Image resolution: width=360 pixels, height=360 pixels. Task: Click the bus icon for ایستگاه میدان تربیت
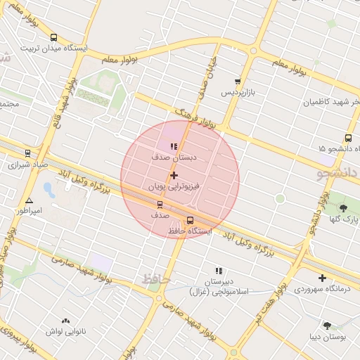pos(54,37)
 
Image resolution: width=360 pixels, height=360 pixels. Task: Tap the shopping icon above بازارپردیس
pos(238,82)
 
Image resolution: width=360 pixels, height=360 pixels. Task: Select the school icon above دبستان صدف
pos(174,146)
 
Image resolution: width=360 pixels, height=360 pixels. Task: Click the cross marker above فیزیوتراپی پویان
pos(174,175)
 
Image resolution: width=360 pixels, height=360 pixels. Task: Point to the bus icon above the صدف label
pos(160,205)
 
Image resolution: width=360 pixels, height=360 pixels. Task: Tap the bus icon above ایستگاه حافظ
pos(190,220)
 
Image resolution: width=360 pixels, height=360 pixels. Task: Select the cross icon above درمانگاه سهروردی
pos(322,278)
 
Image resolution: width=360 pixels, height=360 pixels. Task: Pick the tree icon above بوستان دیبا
pos(327,325)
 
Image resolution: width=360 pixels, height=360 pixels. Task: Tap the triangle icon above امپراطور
pos(29,200)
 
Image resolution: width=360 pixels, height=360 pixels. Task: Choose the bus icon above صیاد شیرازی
pos(28,153)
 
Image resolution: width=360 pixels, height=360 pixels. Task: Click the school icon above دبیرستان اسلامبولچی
pos(219,270)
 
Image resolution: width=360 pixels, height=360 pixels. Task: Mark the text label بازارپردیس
pos(238,93)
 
